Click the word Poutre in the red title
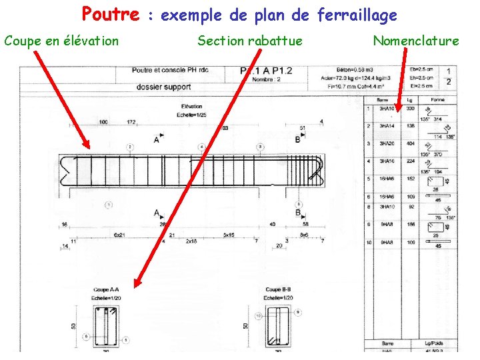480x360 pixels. pos(111,14)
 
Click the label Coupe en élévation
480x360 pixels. pos(61,41)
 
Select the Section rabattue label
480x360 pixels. pos(249,41)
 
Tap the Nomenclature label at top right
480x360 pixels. pos(416,41)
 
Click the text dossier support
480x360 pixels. pos(163,87)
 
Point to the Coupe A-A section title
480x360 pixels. pos(107,289)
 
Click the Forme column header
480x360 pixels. pos(437,99)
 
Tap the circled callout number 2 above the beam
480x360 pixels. pos(130,147)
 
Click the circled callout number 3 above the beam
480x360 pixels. pos(259,147)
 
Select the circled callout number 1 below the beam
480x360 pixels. pos(109,205)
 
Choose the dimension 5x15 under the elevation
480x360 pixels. pos(229,235)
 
